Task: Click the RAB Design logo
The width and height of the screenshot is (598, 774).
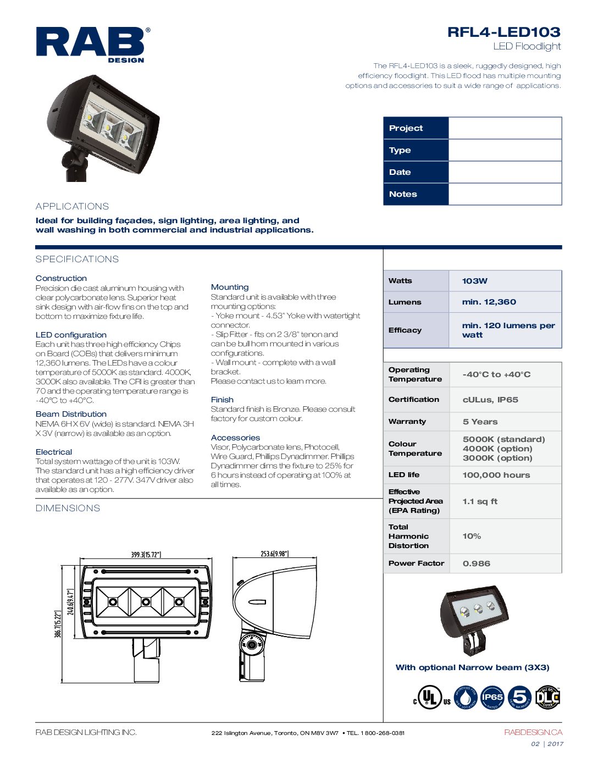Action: pos(91,44)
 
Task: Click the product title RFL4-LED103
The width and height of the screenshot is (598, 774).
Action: pos(503,32)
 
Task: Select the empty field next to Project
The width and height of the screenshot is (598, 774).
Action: pos(505,128)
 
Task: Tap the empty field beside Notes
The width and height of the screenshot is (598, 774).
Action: pos(505,194)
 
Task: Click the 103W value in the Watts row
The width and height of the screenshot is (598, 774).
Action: pos(475,281)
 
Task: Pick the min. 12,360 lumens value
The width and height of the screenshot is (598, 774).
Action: pos(489,302)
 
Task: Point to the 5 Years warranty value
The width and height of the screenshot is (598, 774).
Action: pos(480,422)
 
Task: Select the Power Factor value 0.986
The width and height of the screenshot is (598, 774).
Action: pos(476,563)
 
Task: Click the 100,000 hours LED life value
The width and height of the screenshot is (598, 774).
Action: pos(496,475)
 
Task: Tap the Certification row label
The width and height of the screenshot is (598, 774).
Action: pos(414,400)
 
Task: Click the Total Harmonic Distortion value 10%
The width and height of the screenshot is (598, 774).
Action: pos(472,536)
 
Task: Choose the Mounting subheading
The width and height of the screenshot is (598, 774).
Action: pos(230,287)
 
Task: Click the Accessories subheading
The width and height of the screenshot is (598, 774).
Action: pos(235,438)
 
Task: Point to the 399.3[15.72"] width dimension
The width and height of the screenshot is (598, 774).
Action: pos(146,555)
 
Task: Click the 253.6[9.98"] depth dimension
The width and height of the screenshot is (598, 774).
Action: pos(274,554)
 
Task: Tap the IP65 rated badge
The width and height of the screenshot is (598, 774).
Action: pos(492,698)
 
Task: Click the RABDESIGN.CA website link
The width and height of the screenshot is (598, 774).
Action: pos(533,732)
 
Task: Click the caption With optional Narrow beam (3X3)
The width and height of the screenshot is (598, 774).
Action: pos(472,667)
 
